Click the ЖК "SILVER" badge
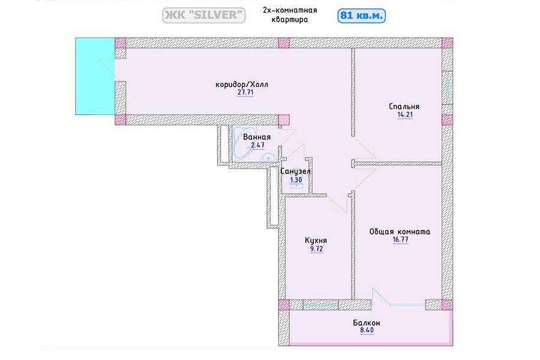click(203, 15)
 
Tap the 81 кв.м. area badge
click(361, 16)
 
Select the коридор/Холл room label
click(242, 85)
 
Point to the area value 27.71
click(245, 92)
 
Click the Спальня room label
click(404, 106)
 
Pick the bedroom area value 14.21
click(405, 115)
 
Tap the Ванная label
click(257, 137)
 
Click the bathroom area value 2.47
click(257, 145)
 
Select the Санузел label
click(295, 171)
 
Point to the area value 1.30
click(296, 180)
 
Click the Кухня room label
click(316, 241)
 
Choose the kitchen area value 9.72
click(316, 249)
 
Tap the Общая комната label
click(400, 232)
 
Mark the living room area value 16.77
click(400, 240)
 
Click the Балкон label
click(367, 323)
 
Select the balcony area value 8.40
click(367, 331)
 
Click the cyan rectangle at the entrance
click(95, 76)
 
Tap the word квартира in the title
click(290, 20)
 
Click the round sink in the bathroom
click(268, 158)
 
